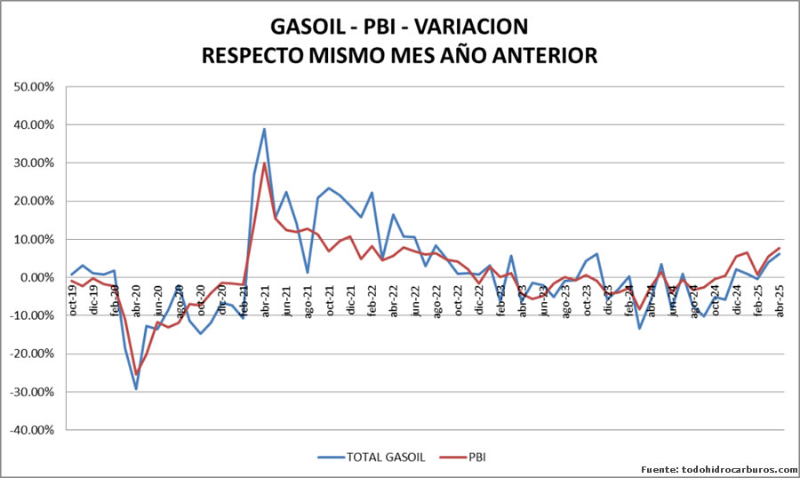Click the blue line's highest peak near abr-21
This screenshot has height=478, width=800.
[264, 129]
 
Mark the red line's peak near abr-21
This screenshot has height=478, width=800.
[264, 163]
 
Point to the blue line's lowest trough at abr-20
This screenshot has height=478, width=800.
[136, 388]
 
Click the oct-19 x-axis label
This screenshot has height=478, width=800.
[73, 296]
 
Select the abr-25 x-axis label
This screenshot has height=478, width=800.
[780, 296]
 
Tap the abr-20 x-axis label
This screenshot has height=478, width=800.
[137, 296]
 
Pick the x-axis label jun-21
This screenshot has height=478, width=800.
[287, 296]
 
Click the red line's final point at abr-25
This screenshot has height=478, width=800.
[780, 248]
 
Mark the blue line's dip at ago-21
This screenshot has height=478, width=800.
[308, 273]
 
